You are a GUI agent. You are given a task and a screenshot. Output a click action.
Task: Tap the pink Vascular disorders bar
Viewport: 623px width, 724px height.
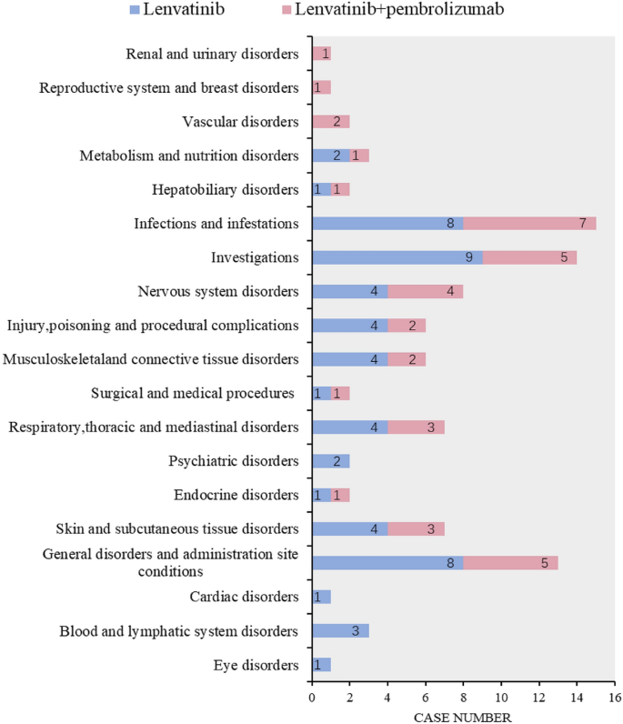(330, 122)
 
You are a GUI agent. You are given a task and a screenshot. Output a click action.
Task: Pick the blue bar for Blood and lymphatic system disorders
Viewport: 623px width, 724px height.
(339, 631)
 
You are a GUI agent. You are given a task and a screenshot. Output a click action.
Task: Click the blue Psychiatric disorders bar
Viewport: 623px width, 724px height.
(330, 461)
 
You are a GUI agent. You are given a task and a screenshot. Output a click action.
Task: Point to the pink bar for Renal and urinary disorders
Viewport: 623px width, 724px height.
(321, 54)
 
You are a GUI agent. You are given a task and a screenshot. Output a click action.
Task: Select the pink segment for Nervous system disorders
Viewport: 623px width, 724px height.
(425, 292)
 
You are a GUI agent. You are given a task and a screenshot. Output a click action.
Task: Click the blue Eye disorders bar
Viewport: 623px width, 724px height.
(321, 665)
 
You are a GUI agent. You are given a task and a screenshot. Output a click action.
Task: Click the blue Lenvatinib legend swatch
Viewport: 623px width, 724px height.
(133, 11)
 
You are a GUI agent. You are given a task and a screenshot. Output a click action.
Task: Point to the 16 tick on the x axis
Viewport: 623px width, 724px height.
(615, 698)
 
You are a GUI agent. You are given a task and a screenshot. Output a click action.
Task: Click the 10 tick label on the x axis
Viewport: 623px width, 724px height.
(501, 698)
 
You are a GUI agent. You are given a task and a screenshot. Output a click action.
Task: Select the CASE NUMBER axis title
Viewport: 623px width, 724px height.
(462, 717)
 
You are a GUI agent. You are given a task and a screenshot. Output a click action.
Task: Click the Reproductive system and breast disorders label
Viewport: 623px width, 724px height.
(169, 87)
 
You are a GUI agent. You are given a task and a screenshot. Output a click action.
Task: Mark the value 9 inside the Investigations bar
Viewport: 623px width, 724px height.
(468, 257)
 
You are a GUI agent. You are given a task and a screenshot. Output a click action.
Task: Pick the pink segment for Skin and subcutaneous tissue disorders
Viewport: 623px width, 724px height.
(416, 529)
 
